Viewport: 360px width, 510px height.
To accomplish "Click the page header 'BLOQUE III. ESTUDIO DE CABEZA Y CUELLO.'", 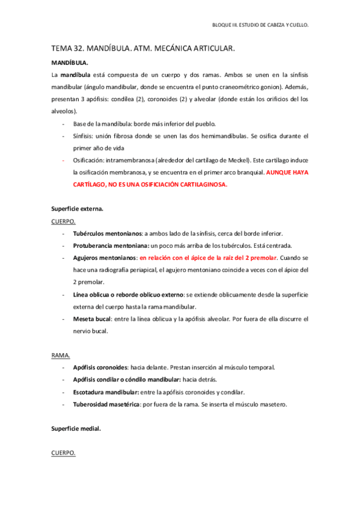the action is [260, 26].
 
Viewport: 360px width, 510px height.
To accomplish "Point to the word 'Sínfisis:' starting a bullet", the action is [85, 136].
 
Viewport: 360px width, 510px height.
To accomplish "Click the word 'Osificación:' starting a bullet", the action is [89, 161].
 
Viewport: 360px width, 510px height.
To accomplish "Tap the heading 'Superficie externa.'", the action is [77, 209].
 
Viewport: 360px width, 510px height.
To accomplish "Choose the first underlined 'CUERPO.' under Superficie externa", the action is [64, 221].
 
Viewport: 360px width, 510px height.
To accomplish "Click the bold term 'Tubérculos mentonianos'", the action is [107, 233].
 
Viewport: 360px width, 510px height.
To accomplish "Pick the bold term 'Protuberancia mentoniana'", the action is [110, 245].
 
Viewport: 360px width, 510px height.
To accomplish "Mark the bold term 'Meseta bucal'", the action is [90, 319].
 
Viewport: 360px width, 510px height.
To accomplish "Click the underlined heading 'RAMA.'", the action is [61, 355].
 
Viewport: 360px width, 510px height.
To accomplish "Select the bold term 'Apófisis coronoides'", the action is [100, 367].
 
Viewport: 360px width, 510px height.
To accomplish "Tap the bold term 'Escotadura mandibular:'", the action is [106, 392].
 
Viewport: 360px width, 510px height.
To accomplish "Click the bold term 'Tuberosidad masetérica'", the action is [106, 404].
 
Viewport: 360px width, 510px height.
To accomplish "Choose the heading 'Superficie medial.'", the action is [76, 429].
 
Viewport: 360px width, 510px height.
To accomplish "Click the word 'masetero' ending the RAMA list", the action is [274, 404].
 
